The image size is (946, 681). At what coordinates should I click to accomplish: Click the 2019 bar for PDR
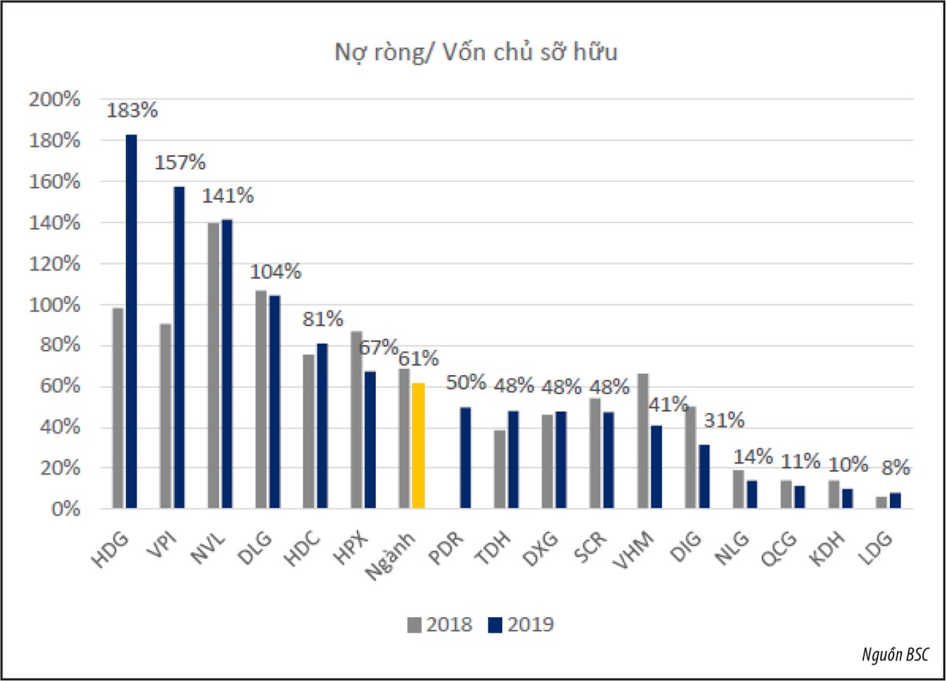pos(466,457)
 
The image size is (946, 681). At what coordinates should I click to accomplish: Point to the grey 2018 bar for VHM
pos(643,441)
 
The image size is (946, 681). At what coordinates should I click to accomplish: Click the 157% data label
pos(179,163)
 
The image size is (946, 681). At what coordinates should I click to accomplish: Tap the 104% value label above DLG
pos(275,272)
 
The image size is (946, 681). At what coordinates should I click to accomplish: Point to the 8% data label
pos(896,468)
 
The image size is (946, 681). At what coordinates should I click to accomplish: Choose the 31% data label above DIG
pos(724,420)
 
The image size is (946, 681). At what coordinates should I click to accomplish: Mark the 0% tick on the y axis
pos(64,509)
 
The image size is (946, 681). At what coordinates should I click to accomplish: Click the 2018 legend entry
pos(440,625)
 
